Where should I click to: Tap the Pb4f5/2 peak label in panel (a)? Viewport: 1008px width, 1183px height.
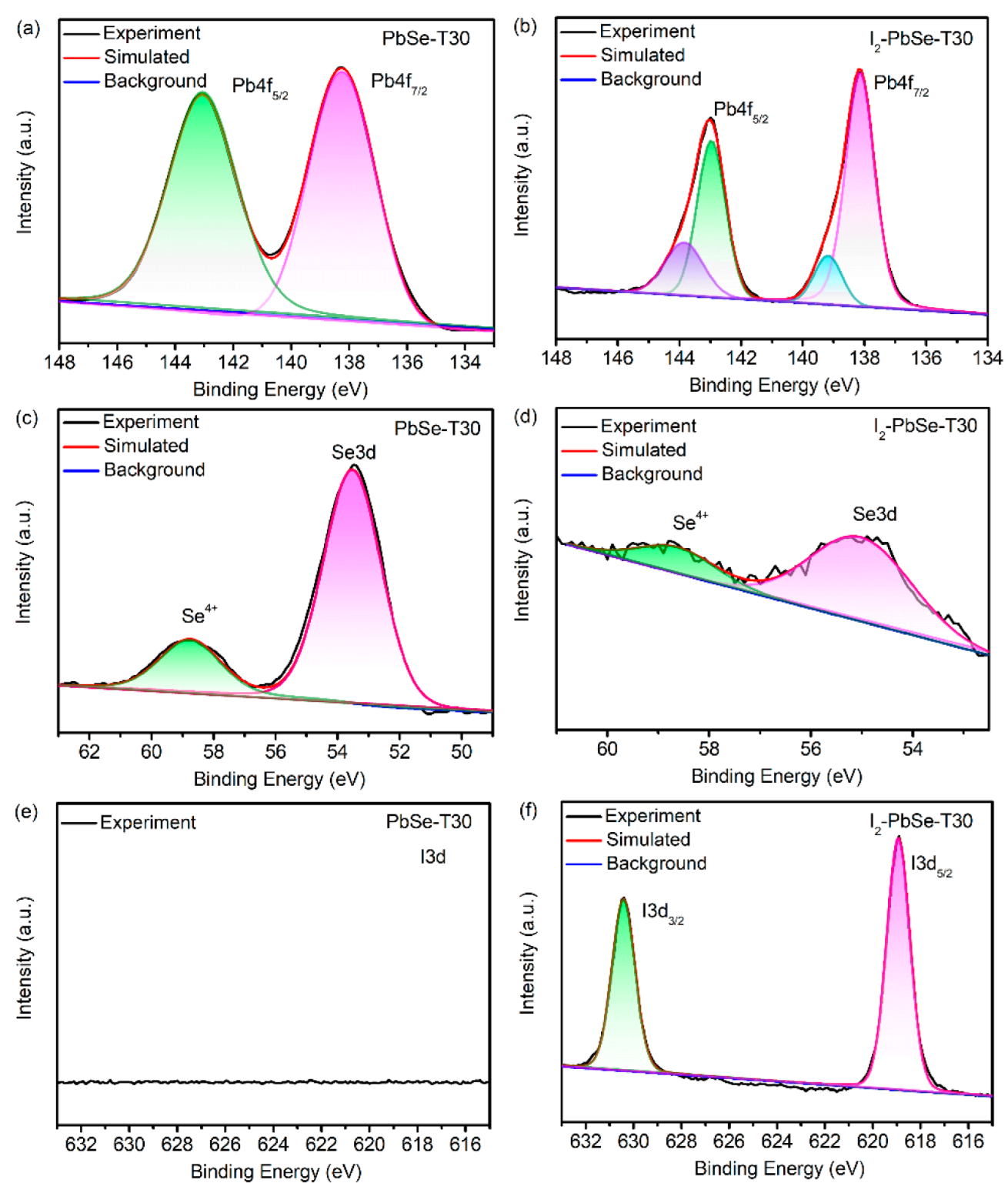tap(259, 87)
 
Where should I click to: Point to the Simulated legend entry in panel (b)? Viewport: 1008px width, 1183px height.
tap(642, 55)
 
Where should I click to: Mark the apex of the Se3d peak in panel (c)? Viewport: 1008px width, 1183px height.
tap(353, 467)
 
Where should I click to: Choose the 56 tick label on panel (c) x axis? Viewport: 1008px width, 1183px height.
tap(275, 752)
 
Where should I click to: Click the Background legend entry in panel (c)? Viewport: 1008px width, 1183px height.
tap(154, 470)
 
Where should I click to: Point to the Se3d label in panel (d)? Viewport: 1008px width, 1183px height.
tap(874, 514)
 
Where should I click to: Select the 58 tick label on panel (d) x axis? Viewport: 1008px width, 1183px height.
tap(709, 749)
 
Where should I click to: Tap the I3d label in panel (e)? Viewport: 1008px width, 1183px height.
tap(432, 857)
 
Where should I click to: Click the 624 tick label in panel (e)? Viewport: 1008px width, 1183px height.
tap(273, 1145)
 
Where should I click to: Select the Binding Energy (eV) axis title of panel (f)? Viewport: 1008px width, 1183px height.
tap(779, 1168)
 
